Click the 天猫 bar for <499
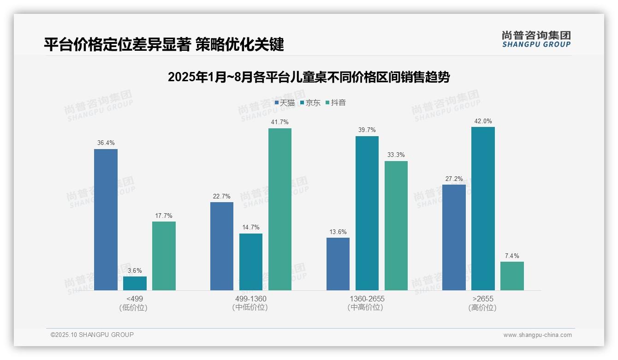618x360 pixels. pyautogui.click(x=106, y=220)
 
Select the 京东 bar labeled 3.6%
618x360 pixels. pyautogui.click(x=135, y=283)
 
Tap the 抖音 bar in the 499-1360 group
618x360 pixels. pyautogui.click(x=280, y=209)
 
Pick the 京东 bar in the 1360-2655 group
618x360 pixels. pyautogui.click(x=367, y=213)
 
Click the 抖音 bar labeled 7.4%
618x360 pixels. pyautogui.click(x=512, y=276)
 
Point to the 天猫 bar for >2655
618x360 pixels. pyautogui.click(x=454, y=237)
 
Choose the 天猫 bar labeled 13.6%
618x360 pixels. pyautogui.click(x=338, y=264)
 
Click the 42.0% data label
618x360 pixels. pyautogui.click(x=483, y=121)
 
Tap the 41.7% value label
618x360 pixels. pyautogui.click(x=280, y=122)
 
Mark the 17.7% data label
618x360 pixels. pyautogui.click(x=164, y=216)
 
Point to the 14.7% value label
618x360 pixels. pyautogui.click(x=251, y=228)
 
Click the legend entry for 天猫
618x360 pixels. pyautogui.click(x=285, y=103)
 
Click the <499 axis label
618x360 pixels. pyautogui.click(x=135, y=299)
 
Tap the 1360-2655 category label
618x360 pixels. pyautogui.click(x=367, y=299)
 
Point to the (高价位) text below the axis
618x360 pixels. pyautogui.click(x=483, y=308)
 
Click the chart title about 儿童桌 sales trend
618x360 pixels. pyautogui.click(x=309, y=77)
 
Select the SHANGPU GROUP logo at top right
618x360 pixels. pyautogui.click(x=536, y=39)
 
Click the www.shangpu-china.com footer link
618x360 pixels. pyautogui.click(x=537, y=335)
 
